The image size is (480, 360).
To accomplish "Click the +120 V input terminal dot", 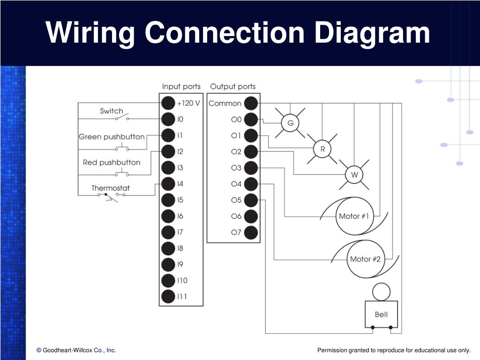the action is (x=168, y=103).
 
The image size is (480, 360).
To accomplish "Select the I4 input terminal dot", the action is (x=168, y=184).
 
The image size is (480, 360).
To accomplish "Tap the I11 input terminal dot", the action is (x=168, y=296).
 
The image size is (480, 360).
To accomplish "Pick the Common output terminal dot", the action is (x=251, y=103).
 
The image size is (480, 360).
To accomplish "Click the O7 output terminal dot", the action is (x=251, y=232).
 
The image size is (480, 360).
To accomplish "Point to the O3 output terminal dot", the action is (x=251, y=168).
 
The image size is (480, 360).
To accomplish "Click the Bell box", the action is (x=381, y=315).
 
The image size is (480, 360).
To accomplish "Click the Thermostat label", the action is (x=111, y=188).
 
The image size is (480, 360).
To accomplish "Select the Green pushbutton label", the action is (x=112, y=137).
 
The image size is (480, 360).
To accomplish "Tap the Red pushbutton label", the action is (x=112, y=163).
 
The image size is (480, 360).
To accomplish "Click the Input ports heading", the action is (x=181, y=87).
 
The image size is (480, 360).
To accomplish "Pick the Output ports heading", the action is (x=232, y=87).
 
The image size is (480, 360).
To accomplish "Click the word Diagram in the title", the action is (x=372, y=33).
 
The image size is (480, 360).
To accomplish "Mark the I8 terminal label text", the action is (x=180, y=248).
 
